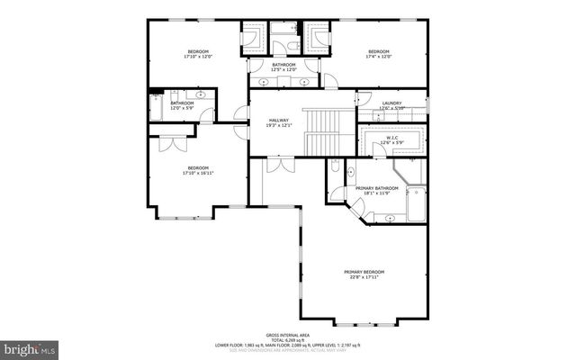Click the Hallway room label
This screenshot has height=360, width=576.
click(x=277, y=120)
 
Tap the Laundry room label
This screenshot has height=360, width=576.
click(x=391, y=103)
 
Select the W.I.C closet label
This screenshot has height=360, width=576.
click(x=391, y=137)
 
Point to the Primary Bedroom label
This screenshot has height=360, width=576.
click(x=364, y=272)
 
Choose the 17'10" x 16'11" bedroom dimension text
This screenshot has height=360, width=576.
click(x=198, y=174)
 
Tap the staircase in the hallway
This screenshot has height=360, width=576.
click(x=319, y=130)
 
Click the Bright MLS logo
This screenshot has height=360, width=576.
click(x=29, y=346)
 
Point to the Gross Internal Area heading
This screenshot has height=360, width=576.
click(x=287, y=334)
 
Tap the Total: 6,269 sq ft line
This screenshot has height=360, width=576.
click(x=287, y=339)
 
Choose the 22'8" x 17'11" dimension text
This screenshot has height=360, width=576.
click(x=364, y=277)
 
